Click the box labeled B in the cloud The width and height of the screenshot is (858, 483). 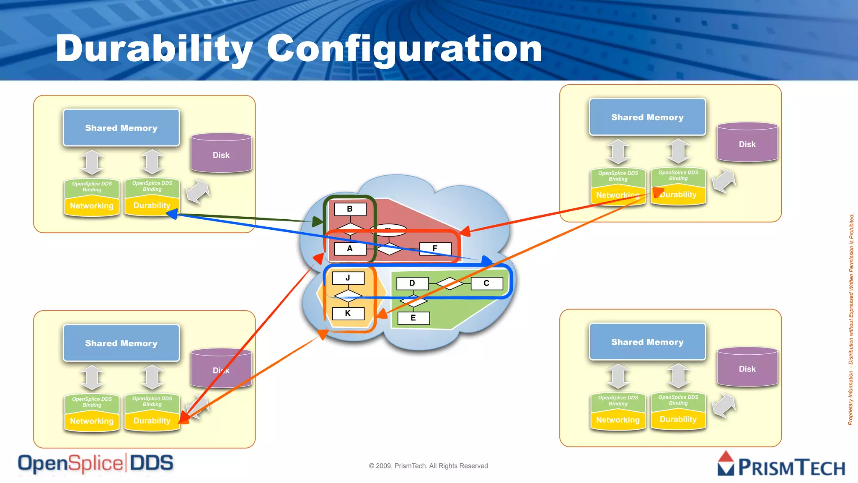[x=350, y=209]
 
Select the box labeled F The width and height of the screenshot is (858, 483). [x=435, y=248]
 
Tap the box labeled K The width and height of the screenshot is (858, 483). [x=348, y=313]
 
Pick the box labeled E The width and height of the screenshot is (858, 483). [x=413, y=318]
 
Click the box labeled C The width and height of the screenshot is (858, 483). [x=486, y=283]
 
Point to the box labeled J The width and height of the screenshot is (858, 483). [x=348, y=278]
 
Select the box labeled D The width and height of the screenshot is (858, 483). [x=412, y=283]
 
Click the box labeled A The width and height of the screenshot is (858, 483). [x=350, y=248]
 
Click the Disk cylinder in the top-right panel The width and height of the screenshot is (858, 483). [x=747, y=144]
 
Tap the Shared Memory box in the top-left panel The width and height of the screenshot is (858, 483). [x=121, y=128]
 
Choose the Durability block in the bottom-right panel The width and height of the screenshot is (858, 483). [x=678, y=419]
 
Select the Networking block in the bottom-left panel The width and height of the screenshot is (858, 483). [x=92, y=421]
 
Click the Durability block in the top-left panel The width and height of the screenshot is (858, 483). [x=152, y=205]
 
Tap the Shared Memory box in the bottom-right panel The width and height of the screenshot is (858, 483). [x=647, y=342]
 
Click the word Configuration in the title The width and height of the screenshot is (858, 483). [x=404, y=49]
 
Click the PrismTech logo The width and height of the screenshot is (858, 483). [x=781, y=465]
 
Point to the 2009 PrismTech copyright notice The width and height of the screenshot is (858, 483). [x=428, y=466]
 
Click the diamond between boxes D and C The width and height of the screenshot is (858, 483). [x=450, y=283]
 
